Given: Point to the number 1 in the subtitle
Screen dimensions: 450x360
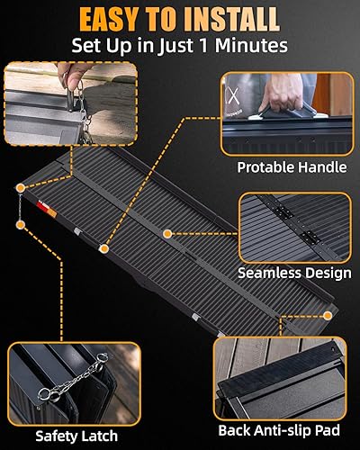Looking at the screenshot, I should tap(202, 45).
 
